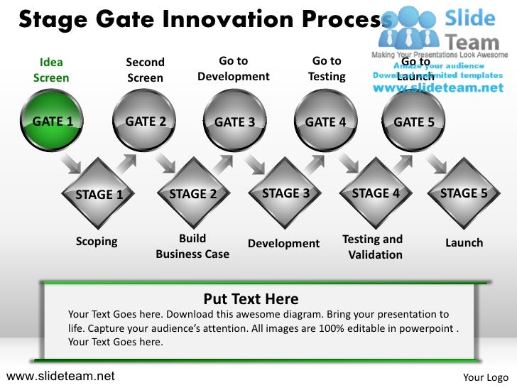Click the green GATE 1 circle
52,122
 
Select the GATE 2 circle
145,122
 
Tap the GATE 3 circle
234,122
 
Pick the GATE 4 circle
325,122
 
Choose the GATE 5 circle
413,122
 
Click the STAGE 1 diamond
99,194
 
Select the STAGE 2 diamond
192,194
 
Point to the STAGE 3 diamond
285,193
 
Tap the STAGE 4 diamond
376,193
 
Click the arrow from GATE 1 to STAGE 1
71,165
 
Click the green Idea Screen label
51,70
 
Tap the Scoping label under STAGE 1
97,242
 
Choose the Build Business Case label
192,247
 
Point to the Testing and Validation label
373,247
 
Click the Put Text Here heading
251,299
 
